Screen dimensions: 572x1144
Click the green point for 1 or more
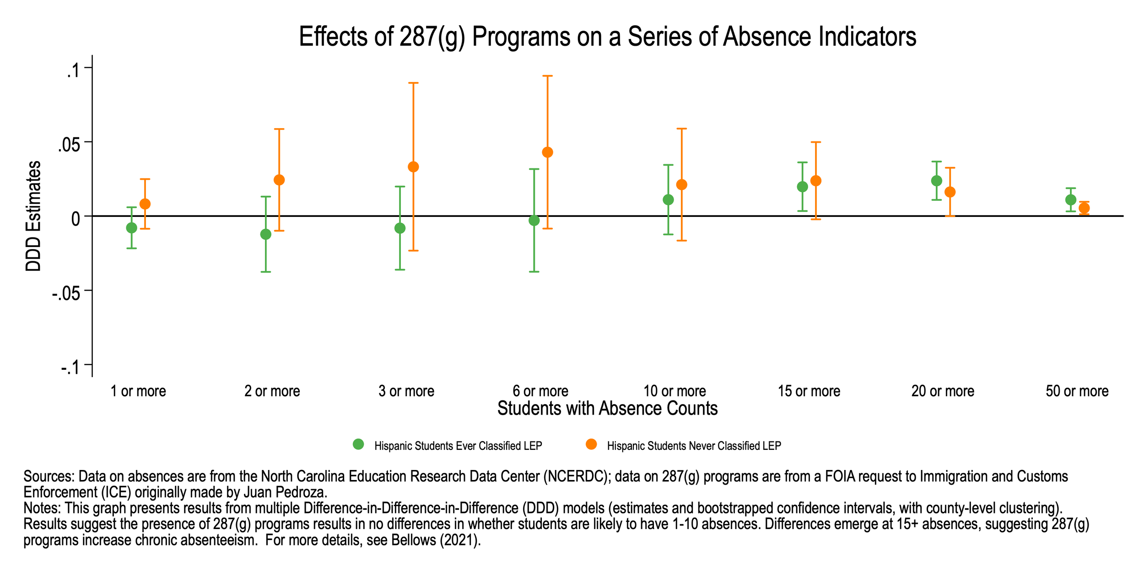click(131, 228)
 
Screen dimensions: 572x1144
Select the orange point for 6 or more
click(547, 152)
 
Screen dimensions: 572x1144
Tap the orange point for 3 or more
click(413, 167)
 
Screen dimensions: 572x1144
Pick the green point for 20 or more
click(937, 181)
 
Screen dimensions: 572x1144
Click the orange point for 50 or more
click(1084, 208)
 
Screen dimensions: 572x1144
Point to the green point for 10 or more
click(668, 200)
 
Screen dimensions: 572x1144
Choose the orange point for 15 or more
click(815, 181)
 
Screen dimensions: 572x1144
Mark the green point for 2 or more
click(266, 234)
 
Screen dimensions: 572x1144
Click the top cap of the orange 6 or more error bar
click(547, 76)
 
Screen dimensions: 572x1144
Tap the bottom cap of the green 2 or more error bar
click(266, 272)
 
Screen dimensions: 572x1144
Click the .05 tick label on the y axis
click(69, 146)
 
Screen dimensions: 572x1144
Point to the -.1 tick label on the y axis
click(70, 367)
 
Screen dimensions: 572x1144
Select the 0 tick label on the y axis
click(76, 219)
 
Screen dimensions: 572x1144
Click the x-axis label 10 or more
click(675, 391)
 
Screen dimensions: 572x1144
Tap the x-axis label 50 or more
click(1077, 391)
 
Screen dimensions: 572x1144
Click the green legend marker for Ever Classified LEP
click(358, 444)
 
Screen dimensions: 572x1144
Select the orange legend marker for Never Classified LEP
click(591, 444)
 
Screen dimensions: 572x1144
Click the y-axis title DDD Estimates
click(33, 216)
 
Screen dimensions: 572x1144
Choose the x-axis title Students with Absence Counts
click(607, 409)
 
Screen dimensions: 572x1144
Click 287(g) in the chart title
click(432, 37)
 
